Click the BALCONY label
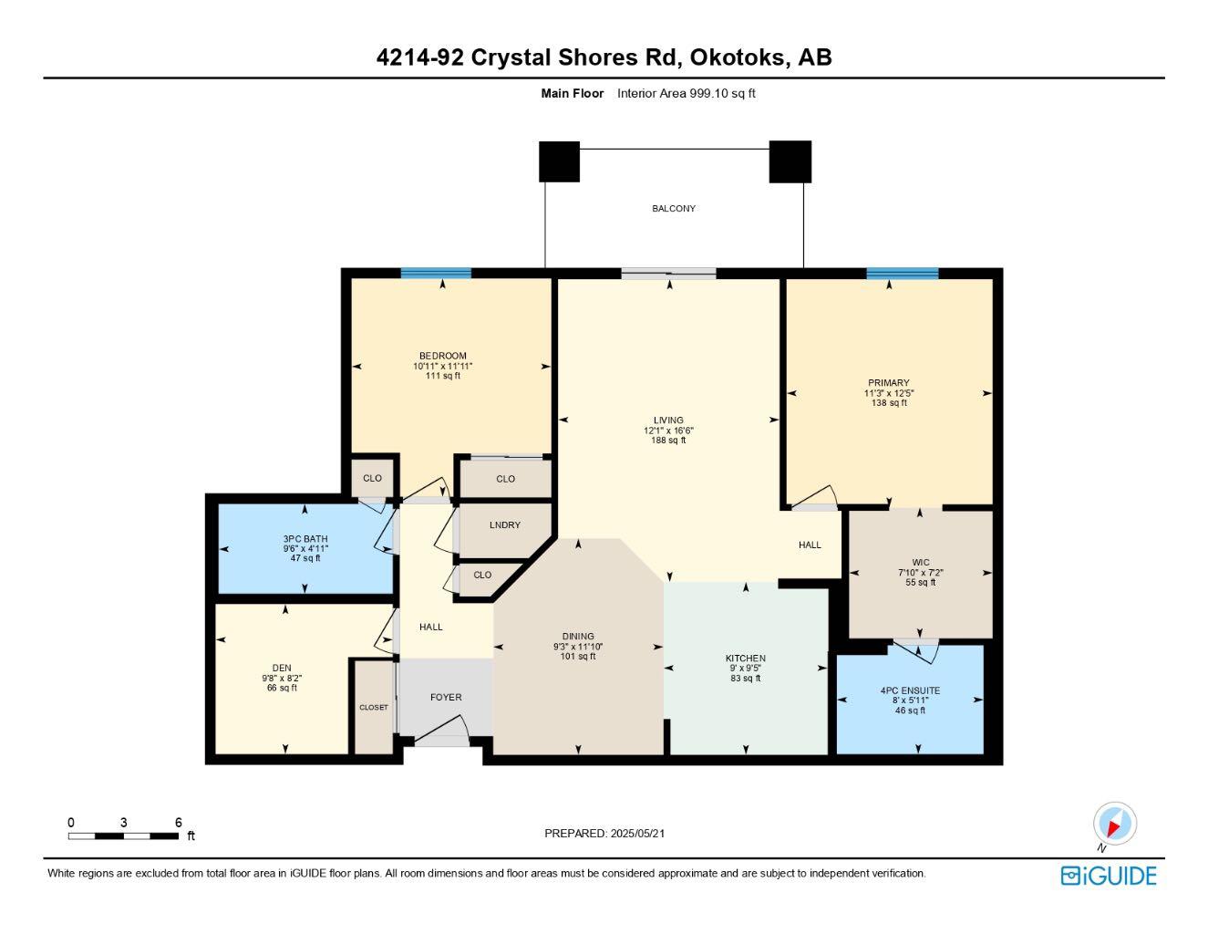pos(673,209)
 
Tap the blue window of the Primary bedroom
pos(903,274)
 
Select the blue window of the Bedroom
pos(436,273)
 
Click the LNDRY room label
pos(505,524)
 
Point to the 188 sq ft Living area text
pos(668,441)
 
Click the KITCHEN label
pos(746,659)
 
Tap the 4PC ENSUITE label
pos(910,690)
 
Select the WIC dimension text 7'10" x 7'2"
pos(921,573)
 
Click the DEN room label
pos(282,668)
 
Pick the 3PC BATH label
pos(305,539)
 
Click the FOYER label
pos(446,697)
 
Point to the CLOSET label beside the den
pos(374,708)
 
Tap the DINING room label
pos(578,636)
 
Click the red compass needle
pos(1113,829)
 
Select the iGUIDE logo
pos(1109,876)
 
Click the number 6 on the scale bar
pos(179,822)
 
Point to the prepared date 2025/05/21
pos(637,834)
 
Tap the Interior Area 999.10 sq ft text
pos(686,93)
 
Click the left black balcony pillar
pos(559,161)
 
